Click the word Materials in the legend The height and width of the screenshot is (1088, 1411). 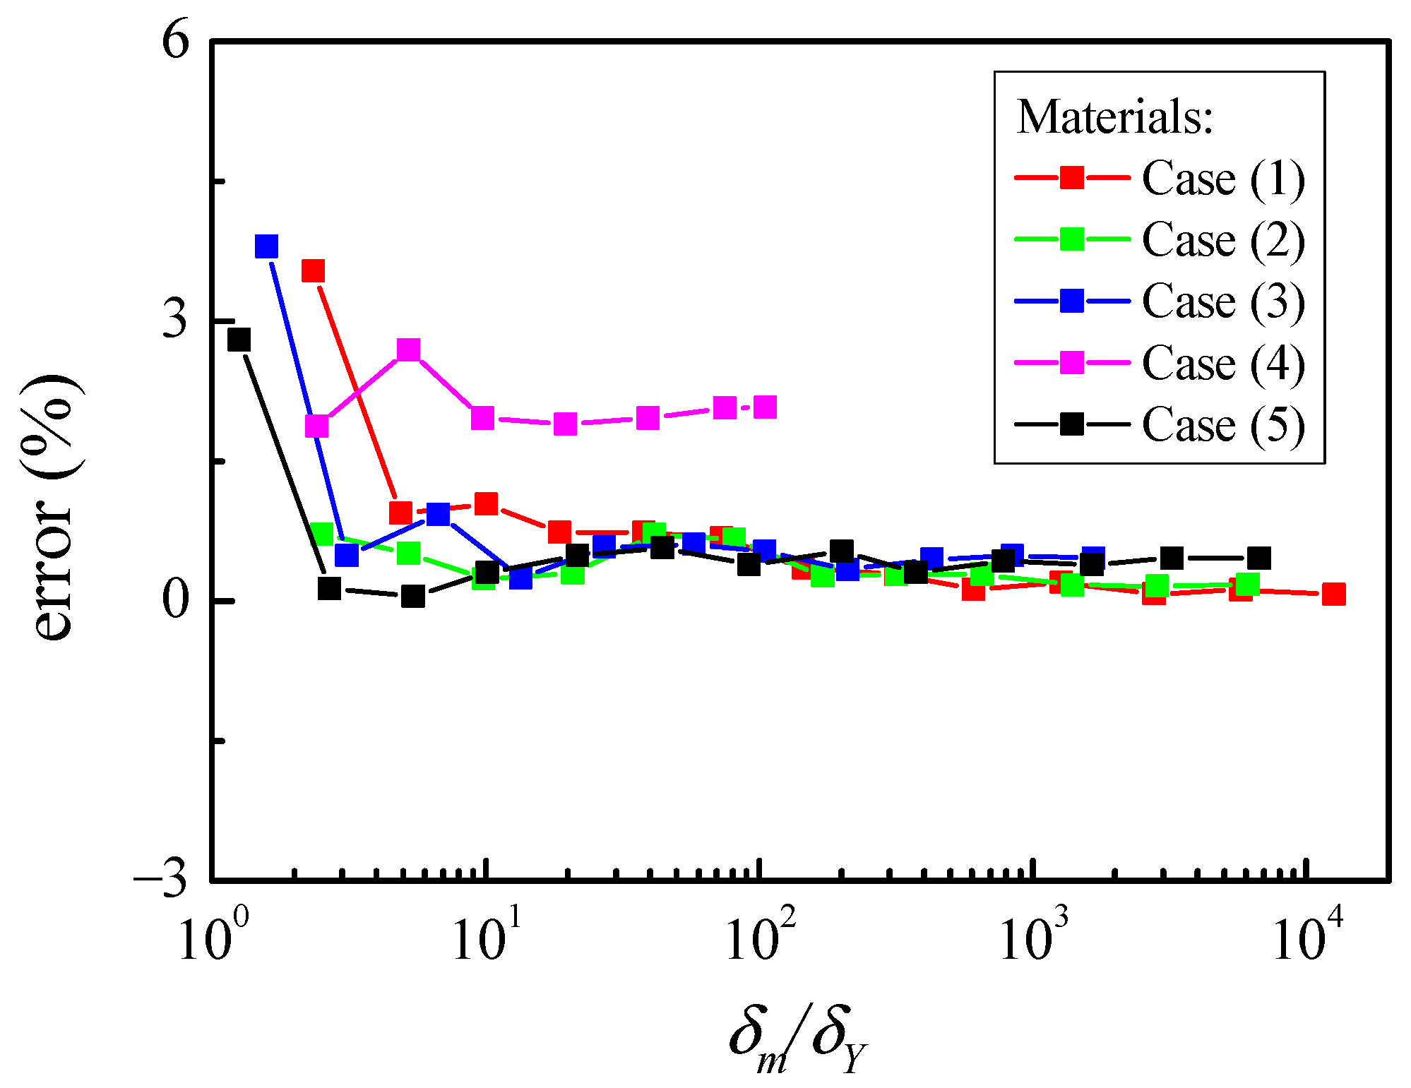pyautogui.click(x=1114, y=116)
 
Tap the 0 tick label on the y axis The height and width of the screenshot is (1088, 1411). pyautogui.click(x=177, y=600)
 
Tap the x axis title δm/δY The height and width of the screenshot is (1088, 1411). pyautogui.click(x=798, y=1038)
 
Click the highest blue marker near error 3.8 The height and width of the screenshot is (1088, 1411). pyautogui.click(x=266, y=246)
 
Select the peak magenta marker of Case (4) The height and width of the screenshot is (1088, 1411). pyautogui.click(x=408, y=349)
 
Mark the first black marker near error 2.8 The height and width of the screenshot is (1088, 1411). pyautogui.click(x=239, y=340)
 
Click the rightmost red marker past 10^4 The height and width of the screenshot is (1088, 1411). pyautogui.click(x=1333, y=594)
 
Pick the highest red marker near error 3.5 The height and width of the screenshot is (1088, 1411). pyautogui.click(x=313, y=270)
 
